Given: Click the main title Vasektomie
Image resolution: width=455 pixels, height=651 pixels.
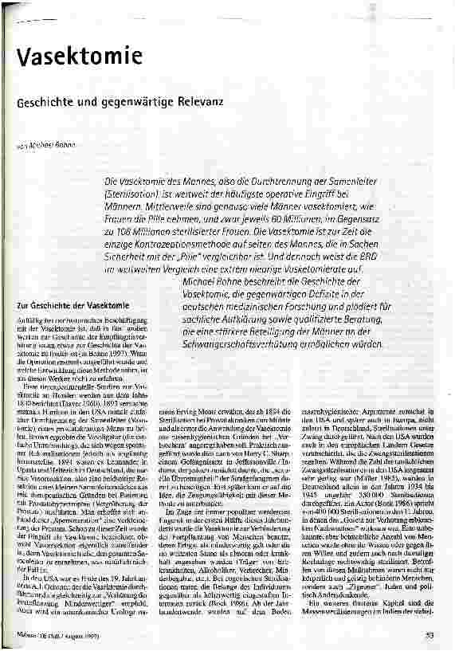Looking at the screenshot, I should pos(65,57).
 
